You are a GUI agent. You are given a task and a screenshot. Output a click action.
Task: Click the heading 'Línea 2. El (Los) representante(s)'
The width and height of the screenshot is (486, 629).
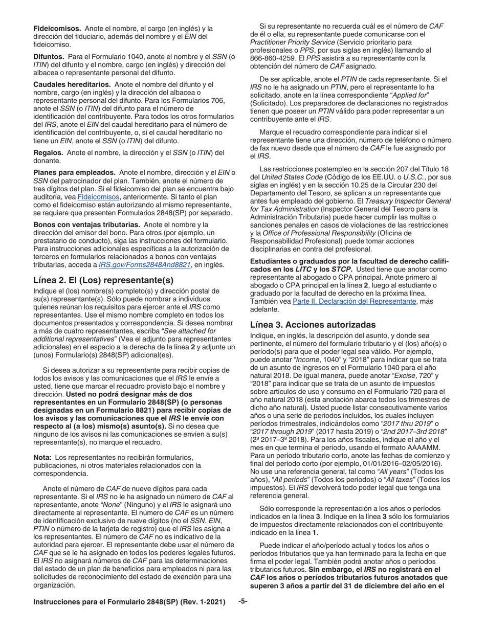pos(103,280)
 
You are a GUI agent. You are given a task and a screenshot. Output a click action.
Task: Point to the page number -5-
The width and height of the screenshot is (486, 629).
pos(243,601)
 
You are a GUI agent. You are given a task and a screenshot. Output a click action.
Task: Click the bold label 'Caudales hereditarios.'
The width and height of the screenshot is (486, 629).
pos(72,84)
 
